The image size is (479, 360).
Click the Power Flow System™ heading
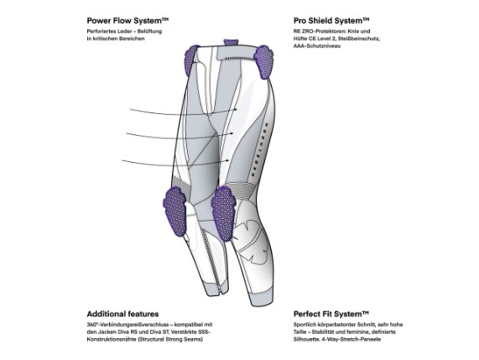(128, 21)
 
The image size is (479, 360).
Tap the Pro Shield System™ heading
(331, 21)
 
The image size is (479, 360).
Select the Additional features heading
(122, 314)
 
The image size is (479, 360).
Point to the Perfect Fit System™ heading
(331, 314)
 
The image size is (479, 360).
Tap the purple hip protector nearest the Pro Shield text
(263, 62)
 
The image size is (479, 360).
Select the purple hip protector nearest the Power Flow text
(191, 59)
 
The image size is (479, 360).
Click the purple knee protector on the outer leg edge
(175, 211)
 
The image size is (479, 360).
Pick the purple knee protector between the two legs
(224, 213)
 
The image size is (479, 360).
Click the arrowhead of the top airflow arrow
(236, 109)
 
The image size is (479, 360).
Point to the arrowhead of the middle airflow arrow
(232, 133)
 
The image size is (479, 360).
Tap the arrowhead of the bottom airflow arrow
(227, 160)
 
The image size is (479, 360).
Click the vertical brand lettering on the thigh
(259, 149)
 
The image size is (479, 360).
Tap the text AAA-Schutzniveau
(317, 46)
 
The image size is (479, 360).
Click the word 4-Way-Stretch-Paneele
(351, 340)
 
